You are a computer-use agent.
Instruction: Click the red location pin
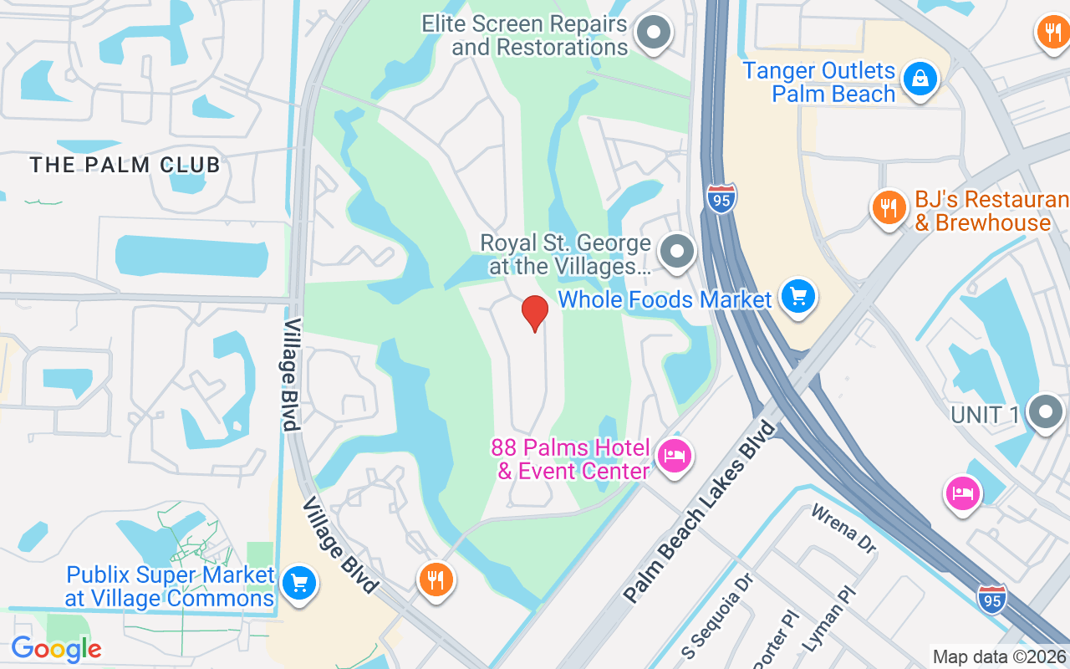[535, 312]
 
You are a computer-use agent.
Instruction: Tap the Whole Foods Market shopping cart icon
[798, 295]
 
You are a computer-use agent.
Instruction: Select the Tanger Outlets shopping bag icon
[920, 79]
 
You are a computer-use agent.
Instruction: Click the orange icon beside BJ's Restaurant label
[889, 206]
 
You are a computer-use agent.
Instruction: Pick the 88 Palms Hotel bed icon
[673, 456]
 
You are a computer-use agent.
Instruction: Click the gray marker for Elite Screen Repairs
[654, 33]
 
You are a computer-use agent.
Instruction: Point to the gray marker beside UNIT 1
[1045, 412]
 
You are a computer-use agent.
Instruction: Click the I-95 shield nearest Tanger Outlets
[721, 199]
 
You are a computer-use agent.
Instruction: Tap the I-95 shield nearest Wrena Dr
[991, 599]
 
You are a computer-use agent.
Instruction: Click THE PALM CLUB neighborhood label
[125, 165]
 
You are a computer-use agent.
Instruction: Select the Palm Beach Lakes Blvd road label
[701, 512]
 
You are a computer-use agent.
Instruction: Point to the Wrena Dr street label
[843, 529]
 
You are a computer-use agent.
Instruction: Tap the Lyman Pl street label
[829, 620]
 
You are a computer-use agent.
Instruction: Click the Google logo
[56, 649]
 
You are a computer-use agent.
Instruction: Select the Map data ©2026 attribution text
[999, 657]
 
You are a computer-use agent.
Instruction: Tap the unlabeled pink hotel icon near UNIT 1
[962, 493]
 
